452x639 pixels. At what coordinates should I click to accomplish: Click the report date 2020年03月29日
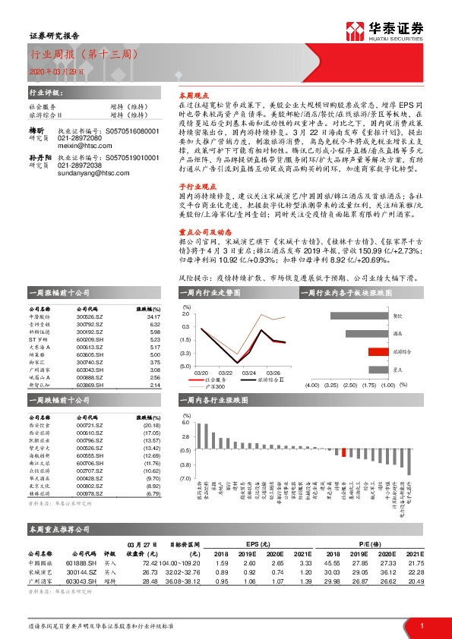pyautogui.click(x=48, y=70)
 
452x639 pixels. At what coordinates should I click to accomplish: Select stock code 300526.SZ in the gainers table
pyautogui.click(x=90, y=317)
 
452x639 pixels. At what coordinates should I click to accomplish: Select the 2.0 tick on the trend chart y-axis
pyautogui.click(x=186, y=313)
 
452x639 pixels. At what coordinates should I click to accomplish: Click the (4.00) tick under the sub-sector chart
pyautogui.click(x=311, y=386)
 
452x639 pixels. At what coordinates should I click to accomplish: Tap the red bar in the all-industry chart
pyautogui.click(x=344, y=453)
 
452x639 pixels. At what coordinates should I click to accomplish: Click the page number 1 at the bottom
pyautogui.click(x=422, y=625)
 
